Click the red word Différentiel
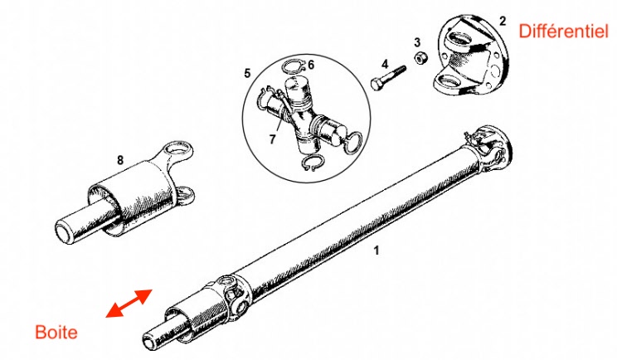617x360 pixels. click(x=563, y=31)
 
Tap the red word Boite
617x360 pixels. click(x=56, y=333)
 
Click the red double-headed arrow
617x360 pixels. click(x=129, y=303)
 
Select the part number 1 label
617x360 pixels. click(x=377, y=251)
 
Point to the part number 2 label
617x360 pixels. click(x=503, y=21)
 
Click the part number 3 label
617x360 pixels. click(x=417, y=42)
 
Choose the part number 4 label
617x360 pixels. click(x=385, y=64)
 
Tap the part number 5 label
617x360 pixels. click(x=247, y=73)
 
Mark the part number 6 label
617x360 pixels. click(x=311, y=65)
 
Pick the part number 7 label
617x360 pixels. click(x=272, y=139)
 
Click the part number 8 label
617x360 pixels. click(x=120, y=160)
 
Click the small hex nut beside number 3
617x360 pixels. click(x=420, y=57)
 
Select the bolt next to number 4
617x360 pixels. click(x=388, y=77)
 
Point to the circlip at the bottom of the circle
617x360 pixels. click(x=313, y=162)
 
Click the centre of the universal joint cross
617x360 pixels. click(x=301, y=118)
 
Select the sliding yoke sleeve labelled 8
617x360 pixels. click(x=126, y=192)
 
